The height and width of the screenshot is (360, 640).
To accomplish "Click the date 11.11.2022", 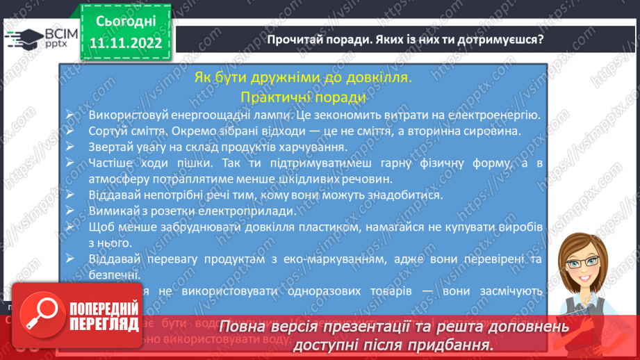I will click(x=126, y=44).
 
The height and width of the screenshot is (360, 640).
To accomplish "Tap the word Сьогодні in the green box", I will click(x=126, y=22).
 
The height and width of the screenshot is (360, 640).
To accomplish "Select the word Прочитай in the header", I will click(x=292, y=39).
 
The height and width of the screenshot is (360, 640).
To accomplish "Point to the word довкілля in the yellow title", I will click(x=378, y=77).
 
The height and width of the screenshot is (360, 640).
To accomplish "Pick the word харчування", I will click(x=313, y=147).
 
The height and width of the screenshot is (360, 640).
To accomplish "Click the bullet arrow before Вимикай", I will click(x=72, y=211).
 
